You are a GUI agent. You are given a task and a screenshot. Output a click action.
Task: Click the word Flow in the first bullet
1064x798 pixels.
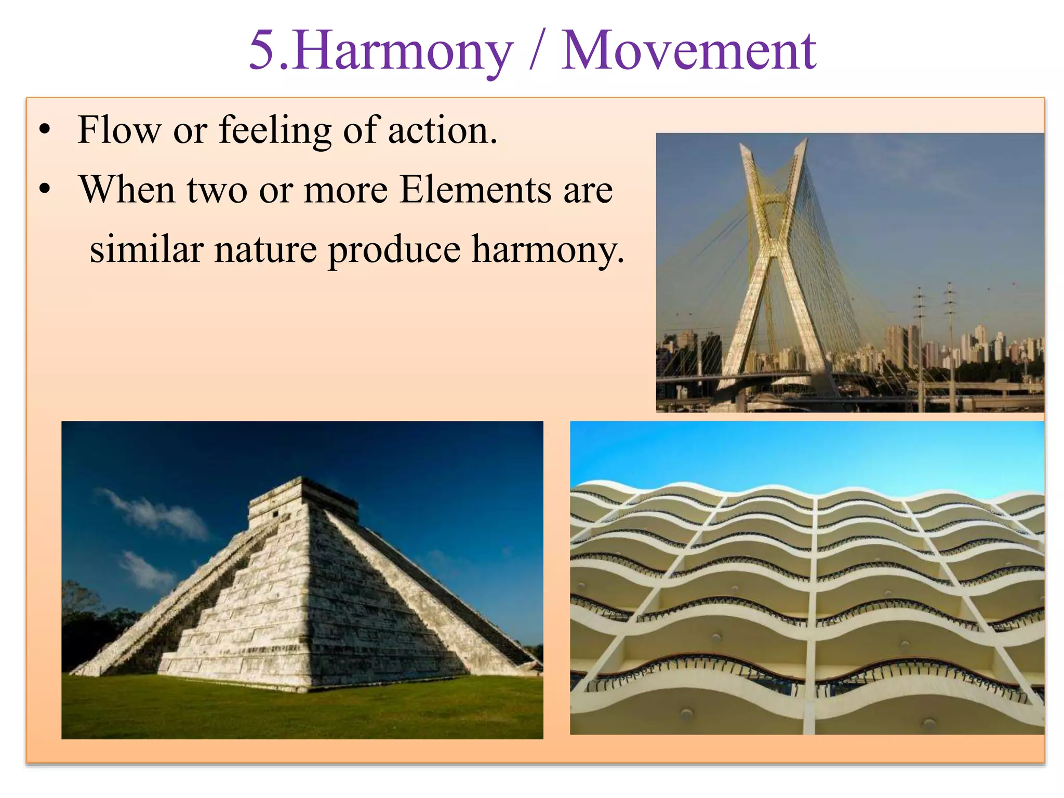click(119, 130)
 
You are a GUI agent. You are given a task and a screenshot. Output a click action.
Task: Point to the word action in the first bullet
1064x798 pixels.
click(442, 130)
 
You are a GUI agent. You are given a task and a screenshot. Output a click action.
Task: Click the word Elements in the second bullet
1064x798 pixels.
click(475, 190)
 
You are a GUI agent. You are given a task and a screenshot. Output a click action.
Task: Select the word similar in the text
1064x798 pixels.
click(146, 249)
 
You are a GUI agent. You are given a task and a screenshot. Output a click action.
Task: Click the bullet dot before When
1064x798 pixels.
click(46, 190)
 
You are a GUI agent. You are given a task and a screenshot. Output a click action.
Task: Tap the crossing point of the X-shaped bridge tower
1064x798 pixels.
click(774, 244)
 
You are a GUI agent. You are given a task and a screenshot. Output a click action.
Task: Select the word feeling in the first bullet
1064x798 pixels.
click(275, 131)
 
